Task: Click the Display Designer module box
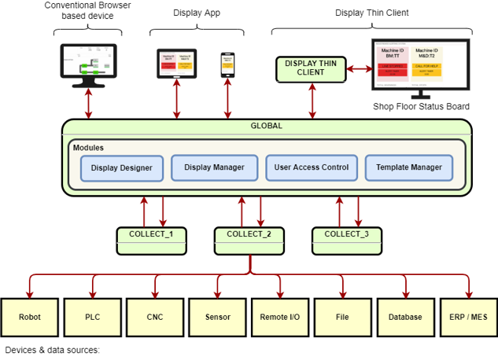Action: pos(122,168)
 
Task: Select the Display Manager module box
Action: pos(214,167)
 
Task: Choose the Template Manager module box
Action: pos(409,167)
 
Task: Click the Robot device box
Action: pos(30,318)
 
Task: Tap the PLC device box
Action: pos(93,318)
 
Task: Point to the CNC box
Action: pos(155,318)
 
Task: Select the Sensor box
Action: pos(218,318)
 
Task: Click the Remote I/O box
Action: pos(280,318)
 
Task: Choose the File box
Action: pos(342,318)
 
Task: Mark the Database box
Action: pos(405,318)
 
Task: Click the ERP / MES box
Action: pos(468,318)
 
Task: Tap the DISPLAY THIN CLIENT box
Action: pos(311,68)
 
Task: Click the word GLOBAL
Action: pos(266,126)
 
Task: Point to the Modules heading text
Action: pos(88,148)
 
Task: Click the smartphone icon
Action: pos(227,64)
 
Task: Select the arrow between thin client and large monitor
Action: pos(359,68)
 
